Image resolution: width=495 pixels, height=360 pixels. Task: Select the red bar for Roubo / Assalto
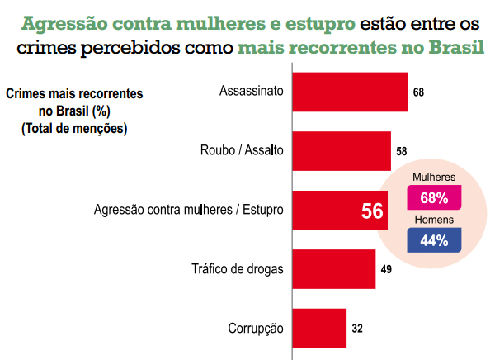tap(342, 151)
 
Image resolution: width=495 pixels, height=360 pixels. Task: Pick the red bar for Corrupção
tap(319, 329)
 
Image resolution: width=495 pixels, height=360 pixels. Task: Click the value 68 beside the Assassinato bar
tap(418, 92)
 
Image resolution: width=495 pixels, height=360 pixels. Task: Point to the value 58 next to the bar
tap(402, 152)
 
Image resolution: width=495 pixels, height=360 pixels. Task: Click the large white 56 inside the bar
tap(372, 211)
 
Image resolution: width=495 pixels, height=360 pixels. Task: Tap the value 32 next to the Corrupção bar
tap(357, 329)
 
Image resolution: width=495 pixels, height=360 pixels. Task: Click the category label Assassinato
tap(252, 92)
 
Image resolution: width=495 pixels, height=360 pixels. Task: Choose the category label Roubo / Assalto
tap(243, 151)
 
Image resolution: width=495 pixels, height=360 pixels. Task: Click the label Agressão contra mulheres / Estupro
tap(189, 211)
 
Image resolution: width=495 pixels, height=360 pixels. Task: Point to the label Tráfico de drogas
tap(238, 269)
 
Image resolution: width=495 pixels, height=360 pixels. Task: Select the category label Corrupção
tap(256, 329)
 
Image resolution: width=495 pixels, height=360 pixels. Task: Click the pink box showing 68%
tap(434, 198)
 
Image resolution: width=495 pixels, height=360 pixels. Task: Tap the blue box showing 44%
tap(434, 240)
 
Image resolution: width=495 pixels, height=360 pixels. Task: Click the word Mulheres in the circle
tap(434, 178)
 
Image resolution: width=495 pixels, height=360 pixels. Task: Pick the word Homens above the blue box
tap(433, 220)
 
